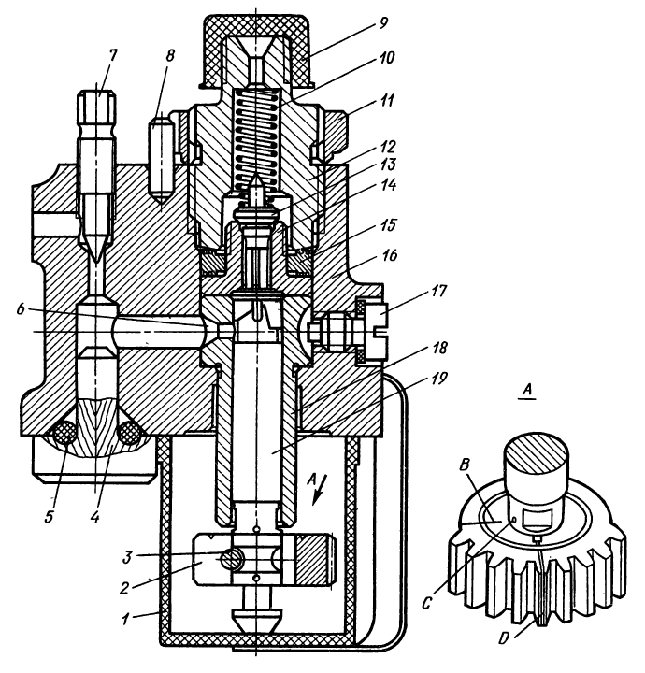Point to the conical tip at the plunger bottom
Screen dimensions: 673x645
(x=254, y=618)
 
